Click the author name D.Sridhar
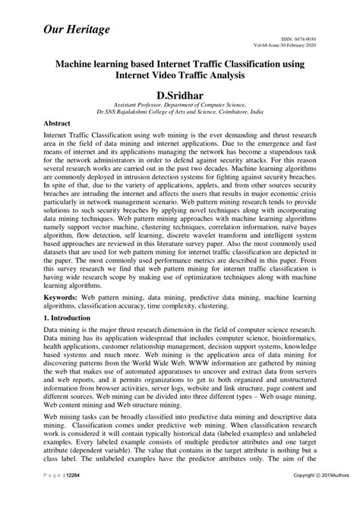pyautogui.click(x=179, y=93)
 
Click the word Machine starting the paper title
pyautogui.click(x=79, y=65)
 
